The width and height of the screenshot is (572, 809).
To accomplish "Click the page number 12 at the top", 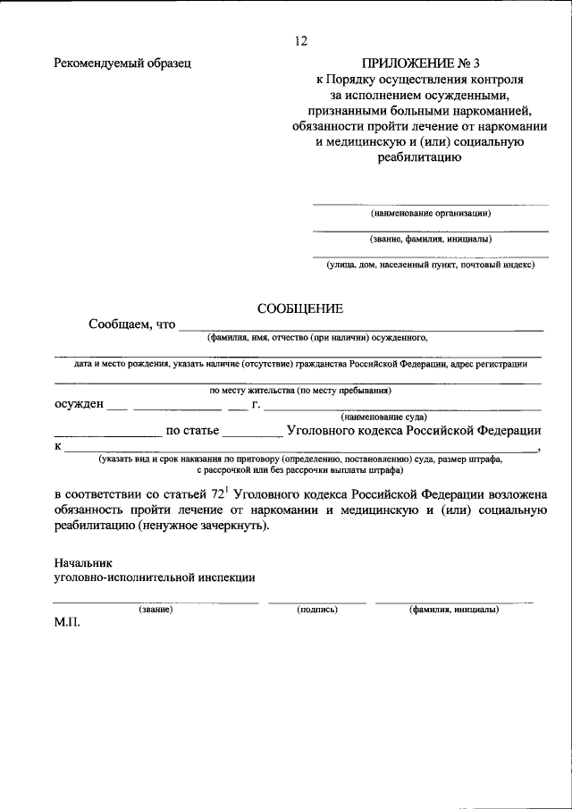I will coord(300,41).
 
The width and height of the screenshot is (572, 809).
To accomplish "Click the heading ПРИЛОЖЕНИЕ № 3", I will coord(420,63).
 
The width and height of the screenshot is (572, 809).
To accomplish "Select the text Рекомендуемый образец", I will coord(122,63).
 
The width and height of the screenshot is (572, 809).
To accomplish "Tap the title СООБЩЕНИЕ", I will coord(300,308).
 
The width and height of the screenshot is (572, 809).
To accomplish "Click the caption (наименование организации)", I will coord(431,213).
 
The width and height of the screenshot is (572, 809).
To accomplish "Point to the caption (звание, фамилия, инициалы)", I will coord(431,239).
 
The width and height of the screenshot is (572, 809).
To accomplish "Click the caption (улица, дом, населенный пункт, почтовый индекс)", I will coord(431,265).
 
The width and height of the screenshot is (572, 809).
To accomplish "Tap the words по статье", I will coord(192,430).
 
